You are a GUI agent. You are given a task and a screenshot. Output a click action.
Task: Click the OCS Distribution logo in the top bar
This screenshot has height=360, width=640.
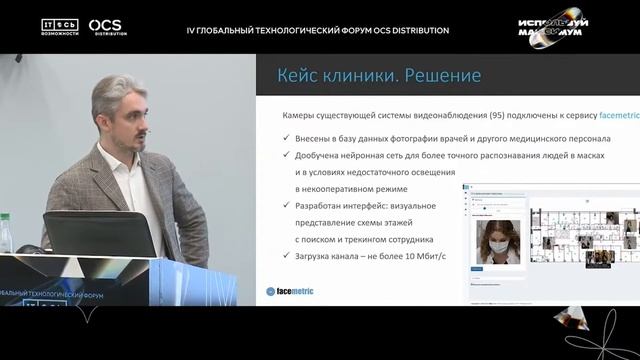[x=107, y=27]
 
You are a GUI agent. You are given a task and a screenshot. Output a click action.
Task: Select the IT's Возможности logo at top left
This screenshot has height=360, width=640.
[x=60, y=26]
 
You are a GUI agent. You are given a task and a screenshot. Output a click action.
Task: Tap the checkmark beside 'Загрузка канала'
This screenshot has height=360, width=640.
[x=287, y=256]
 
